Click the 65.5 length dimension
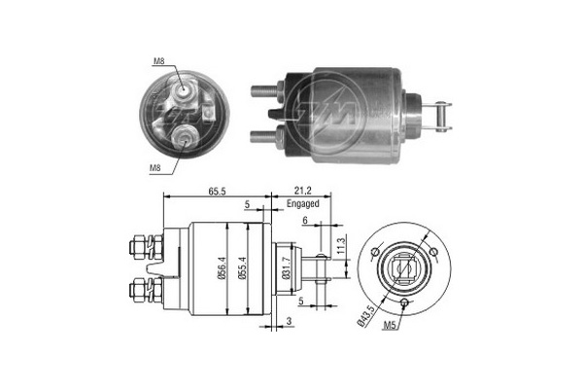(x=217, y=192)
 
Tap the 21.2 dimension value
(x=302, y=191)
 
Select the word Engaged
(x=302, y=203)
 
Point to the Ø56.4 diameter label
(x=222, y=268)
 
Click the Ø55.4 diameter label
(x=243, y=268)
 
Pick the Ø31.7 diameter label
(x=286, y=267)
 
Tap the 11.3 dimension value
(x=342, y=246)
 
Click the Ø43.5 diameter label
(x=365, y=316)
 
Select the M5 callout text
(x=389, y=325)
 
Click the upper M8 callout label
(x=158, y=61)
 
